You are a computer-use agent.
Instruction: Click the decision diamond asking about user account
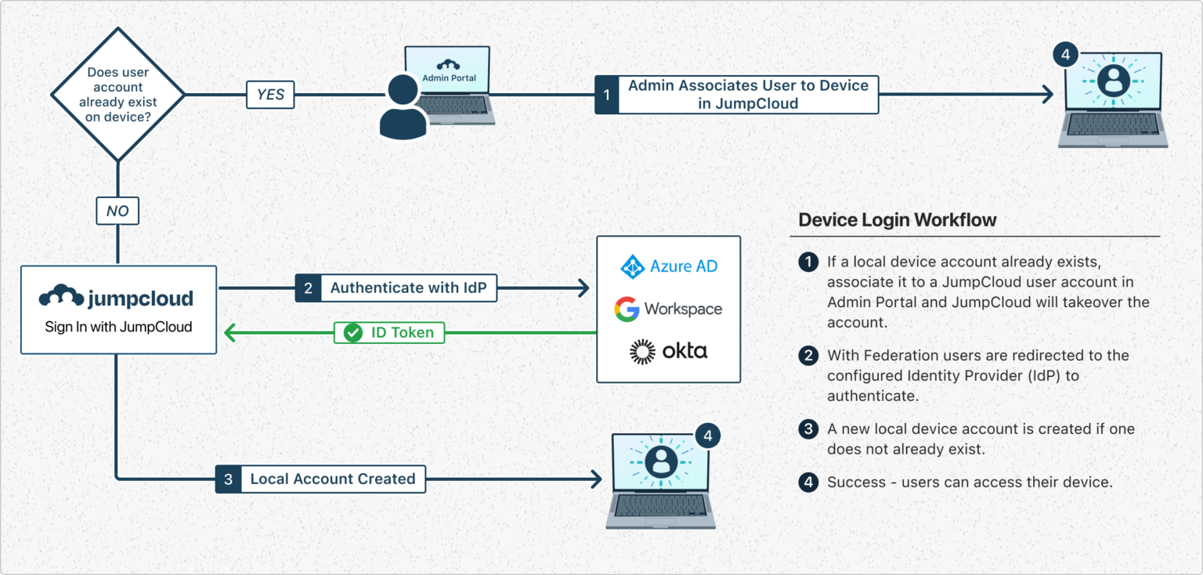tap(117, 95)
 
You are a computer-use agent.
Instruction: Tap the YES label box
tap(270, 95)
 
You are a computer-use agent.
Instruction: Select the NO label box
tap(117, 211)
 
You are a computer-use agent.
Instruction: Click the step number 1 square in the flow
tap(606, 95)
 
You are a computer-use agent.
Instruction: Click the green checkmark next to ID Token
tap(353, 332)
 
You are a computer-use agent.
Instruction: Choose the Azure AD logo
tap(669, 266)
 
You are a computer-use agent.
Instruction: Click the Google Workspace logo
tap(668, 309)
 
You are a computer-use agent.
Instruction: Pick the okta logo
tap(668, 352)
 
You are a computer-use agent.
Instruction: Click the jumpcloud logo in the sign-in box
tap(116, 298)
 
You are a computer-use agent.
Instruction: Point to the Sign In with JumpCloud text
tap(118, 327)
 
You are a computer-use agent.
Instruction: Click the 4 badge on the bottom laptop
tap(707, 436)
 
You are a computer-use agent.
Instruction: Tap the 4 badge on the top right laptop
tap(1064, 56)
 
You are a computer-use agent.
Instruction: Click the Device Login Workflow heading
tap(897, 219)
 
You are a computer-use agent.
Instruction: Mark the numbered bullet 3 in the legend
tap(807, 429)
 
